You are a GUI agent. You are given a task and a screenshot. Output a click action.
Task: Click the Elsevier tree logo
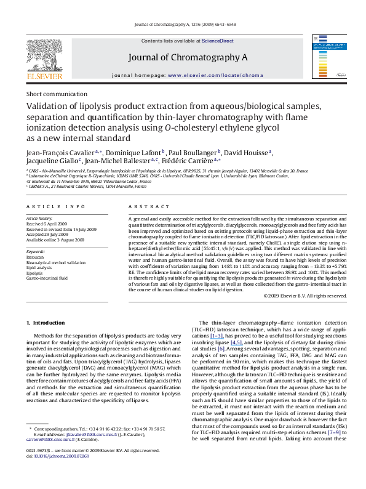tap(43, 55)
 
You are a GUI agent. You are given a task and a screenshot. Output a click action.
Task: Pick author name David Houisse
tap(249, 152)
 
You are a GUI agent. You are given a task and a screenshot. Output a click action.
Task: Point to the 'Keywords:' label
tap(36, 252)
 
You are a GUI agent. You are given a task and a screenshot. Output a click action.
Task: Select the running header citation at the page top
tap(183, 25)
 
